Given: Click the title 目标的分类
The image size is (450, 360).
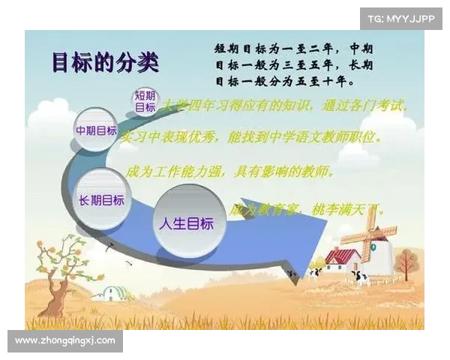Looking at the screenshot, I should tap(105, 62).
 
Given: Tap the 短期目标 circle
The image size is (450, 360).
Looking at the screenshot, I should tap(145, 101).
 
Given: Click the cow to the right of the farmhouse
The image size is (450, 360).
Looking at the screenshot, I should tap(361, 277).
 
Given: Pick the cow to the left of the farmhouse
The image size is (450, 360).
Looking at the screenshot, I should tap(313, 273).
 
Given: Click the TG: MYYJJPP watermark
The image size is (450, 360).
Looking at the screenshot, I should tap(400, 18).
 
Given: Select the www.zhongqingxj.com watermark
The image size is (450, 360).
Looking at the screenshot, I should tap(65, 341).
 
